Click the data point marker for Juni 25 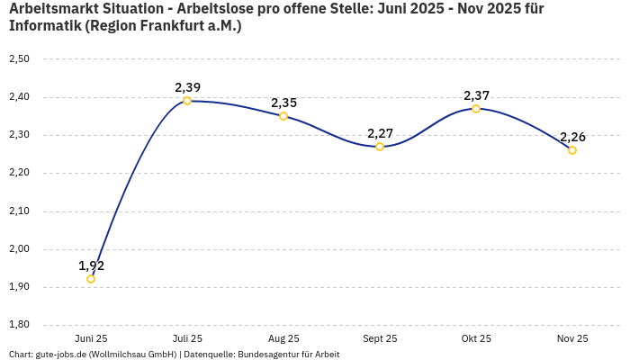tap(91, 279)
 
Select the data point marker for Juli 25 tap(187, 101)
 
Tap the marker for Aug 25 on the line tap(283, 116)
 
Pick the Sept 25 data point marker tap(380, 147)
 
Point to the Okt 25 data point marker tap(476, 109)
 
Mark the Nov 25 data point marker tap(572, 150)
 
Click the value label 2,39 tap(187, 87)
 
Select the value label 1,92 tap(91, 265)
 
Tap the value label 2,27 tap(380, 133)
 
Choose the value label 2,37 tap(476, 95)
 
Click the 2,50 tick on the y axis tap(19, 59)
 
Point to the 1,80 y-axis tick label tap(19, 325)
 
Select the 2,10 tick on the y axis tap(19, 211)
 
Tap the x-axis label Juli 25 tap(187, 338)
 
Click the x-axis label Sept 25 tap(380, 338)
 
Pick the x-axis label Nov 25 tap(572, 338)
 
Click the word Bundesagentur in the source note tap(268, 354)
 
